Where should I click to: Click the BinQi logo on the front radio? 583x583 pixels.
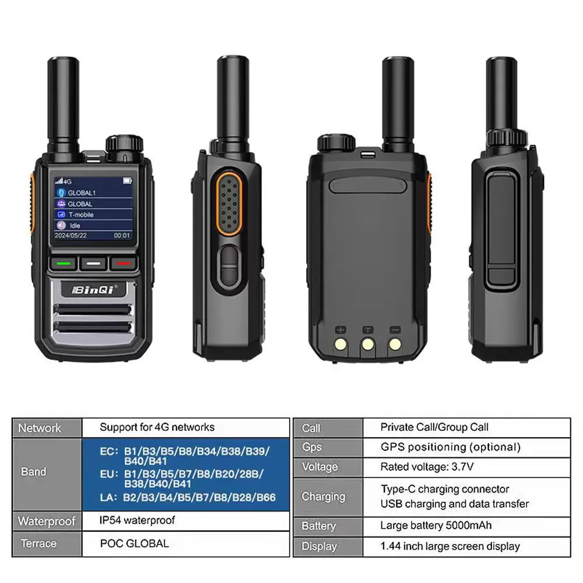pyautogui.click(x=94, y=290)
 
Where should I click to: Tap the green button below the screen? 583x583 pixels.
pyautogui.click(x=63, y=264)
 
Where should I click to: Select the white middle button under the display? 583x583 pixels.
pyautogui.click(x=93, y=264)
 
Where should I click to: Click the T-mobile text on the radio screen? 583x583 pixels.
pyautogui.click(x=81, y=215)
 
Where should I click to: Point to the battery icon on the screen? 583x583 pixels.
pyautogui.click(x=127, y=181)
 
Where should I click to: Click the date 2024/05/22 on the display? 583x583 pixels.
pyautogui.click(x=71, y=236)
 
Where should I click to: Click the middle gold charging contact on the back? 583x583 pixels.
pyautogui.click(x=368, y=345)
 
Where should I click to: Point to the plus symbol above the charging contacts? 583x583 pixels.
pyautogui.click(x=340, y=330)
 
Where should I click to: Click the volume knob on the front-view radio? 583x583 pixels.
pyautogui.click(x=124, y=144)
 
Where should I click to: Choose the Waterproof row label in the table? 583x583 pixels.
pyautogui.click(x=47, y=521)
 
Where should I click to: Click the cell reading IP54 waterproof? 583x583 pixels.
pyautogui.click(x=137, y=520)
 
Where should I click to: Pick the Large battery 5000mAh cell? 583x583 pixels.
pyautogui.click(x=436, y=525)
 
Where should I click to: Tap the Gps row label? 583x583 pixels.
pyautogui.click(x=312, y=447)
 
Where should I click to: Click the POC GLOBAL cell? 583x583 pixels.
pyautogui.click(x=134, y=543)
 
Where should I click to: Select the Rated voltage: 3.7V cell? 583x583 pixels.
pyautogui.click(x=427, y=466)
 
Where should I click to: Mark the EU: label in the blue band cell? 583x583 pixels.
pyautogui.click(x=109, y=474)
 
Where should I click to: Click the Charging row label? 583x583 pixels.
pyautogui.click(x=324, y=497)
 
